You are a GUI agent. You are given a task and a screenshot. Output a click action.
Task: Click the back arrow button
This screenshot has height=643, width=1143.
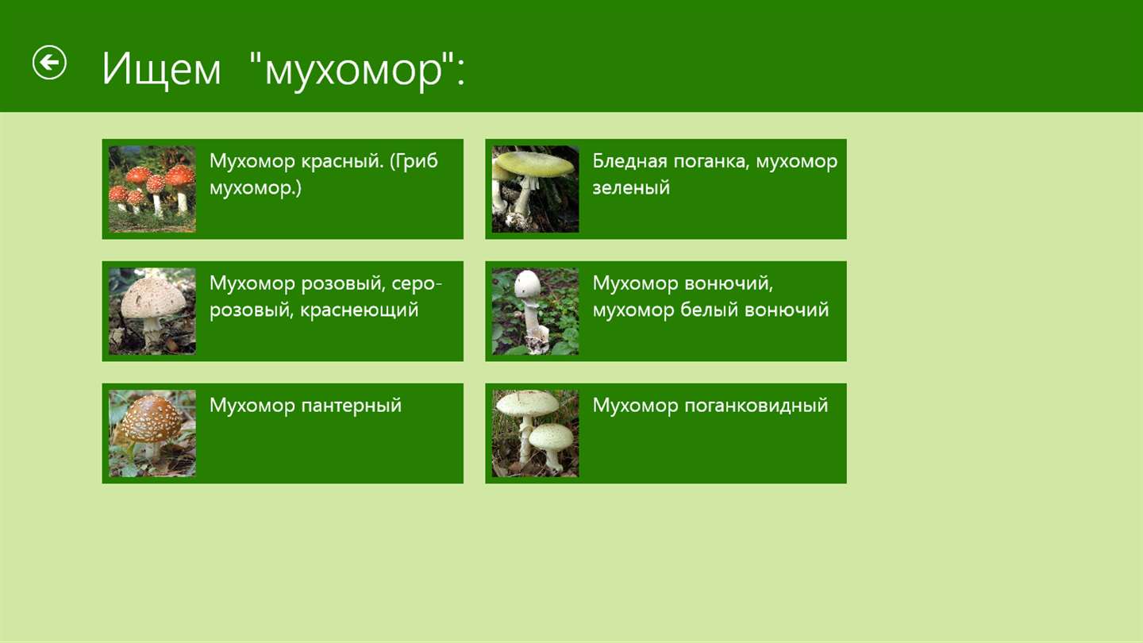pyautogui.click(x=49, y=63)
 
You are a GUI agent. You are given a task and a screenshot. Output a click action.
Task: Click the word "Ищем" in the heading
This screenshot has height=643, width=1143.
pyautogui.click(x=161, y=69)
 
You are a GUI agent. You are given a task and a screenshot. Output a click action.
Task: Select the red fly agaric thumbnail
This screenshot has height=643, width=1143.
pyautogui.click(x=152, y=189)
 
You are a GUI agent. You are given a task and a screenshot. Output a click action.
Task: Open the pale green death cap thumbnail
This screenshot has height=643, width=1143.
pyautogui.click(x=535, y=189)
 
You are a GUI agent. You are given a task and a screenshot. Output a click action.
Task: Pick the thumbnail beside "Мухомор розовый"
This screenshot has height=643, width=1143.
pyautogui.click(x=152, y=311)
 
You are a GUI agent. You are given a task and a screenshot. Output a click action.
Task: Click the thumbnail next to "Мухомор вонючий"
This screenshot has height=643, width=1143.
pyautogui.click(x=535, y=311)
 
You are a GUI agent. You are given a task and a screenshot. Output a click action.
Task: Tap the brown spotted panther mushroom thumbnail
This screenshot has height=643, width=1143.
pyautogui.click(x=152, y=433)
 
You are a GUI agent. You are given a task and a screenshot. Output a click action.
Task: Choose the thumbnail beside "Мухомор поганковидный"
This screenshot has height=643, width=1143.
pyautogui.click(x=535, y=433)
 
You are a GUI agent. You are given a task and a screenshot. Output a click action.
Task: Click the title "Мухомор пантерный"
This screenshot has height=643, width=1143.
pyautogui.click(x=306, y=406)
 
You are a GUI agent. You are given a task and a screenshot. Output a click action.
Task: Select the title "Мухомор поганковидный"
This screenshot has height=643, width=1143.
pyautogui.click(x=710, y=406)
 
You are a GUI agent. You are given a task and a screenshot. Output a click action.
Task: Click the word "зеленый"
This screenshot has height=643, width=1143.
pyautogui.click(x=631, y=188)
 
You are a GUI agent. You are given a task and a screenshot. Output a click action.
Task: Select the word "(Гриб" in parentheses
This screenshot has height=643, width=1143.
pyautogui.click(x=414, y=161)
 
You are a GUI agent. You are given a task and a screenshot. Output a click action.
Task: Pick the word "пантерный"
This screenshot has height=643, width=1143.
pyautogui.click(x=351, y=406)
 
